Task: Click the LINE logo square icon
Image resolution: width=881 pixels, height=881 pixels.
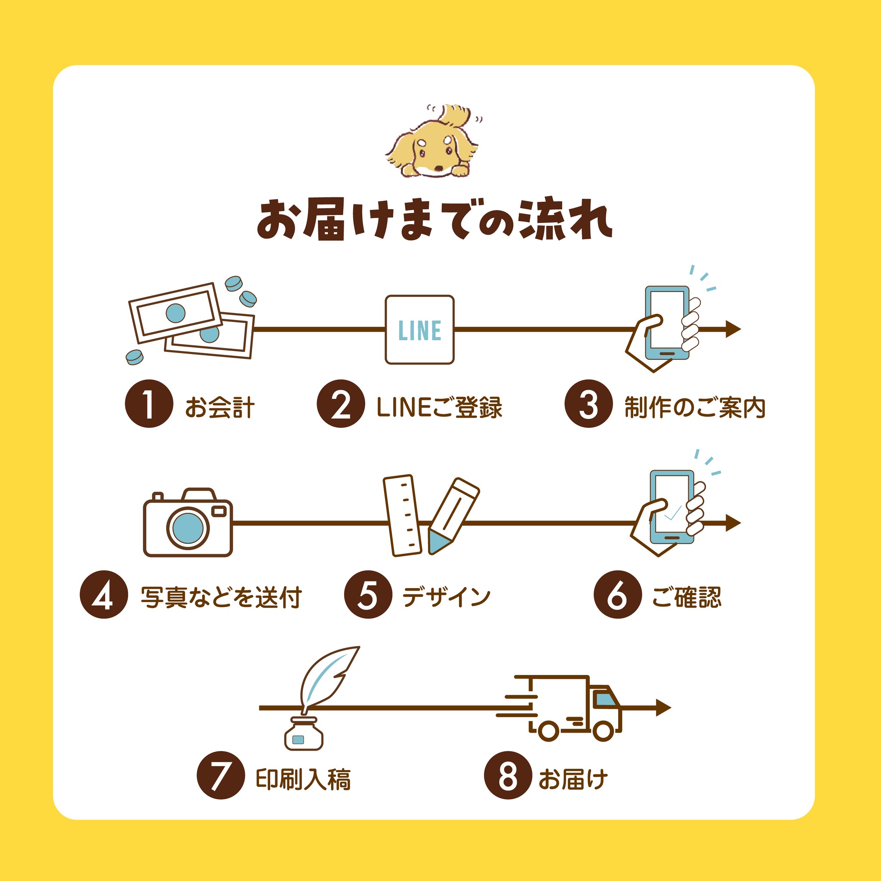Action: tap(419, 330)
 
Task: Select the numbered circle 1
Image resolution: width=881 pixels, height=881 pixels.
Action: tap(149, 404)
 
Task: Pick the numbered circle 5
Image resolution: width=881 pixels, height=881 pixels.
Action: tap(368, 595)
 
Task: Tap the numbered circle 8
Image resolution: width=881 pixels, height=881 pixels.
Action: tap(508, 775)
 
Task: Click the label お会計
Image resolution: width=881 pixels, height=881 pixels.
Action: tap(220, 407)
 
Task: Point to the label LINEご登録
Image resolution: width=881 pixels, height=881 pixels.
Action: tap(440, 407)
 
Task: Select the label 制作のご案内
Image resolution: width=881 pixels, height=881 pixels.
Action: tap(694, 407)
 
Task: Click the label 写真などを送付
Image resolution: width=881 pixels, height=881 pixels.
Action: tap(221, 598)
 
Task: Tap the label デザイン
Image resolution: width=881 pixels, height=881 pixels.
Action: tap(447, 597)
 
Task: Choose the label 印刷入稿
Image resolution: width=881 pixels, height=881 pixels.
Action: tap(303, 779)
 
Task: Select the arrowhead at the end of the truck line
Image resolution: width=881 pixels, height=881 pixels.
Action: tap(663, 708)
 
